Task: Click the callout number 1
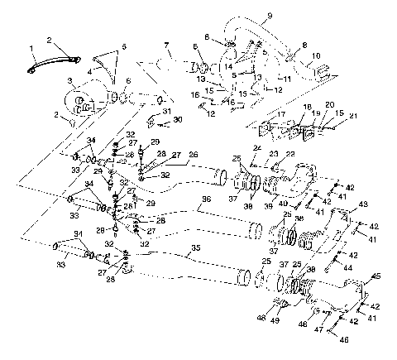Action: tap(31, 48)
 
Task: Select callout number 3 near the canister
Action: tap(71, 80)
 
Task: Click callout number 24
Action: tap(257, 147)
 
